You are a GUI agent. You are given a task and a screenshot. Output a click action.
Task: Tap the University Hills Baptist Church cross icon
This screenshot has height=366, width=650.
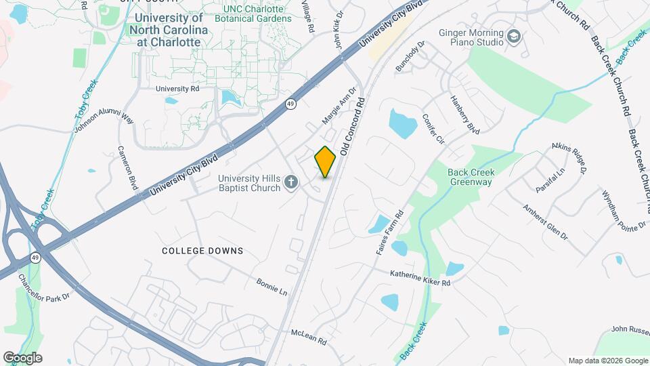291,182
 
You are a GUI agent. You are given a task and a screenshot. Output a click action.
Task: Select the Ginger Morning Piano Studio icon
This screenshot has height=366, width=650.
515,35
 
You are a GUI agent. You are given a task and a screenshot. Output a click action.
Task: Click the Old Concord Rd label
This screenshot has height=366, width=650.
353,127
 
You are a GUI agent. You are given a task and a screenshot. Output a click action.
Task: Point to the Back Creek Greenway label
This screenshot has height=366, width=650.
471,177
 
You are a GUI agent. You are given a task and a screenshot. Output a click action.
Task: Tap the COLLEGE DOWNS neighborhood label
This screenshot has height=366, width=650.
202,251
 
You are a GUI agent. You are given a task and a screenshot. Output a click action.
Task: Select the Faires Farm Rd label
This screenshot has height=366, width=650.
389,232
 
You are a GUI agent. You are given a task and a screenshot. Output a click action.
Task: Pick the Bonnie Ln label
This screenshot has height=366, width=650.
272,287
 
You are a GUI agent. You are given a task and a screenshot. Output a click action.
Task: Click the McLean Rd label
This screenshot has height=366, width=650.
309,338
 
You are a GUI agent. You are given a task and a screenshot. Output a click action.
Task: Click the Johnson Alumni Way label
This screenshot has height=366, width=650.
104,121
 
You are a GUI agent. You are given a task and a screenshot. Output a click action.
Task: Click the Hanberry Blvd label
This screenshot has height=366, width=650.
465,113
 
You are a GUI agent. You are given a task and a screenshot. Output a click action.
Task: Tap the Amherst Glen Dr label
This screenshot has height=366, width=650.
544,221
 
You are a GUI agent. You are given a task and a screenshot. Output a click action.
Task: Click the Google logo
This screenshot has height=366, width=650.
22,358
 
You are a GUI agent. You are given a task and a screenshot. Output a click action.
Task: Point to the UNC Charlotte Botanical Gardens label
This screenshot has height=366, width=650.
257,14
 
